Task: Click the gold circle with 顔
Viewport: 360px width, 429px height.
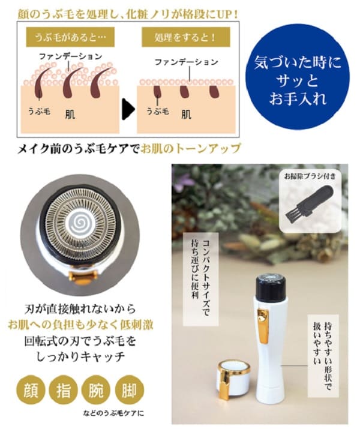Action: point(31,389)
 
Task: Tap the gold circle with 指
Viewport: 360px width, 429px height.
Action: point(64,389)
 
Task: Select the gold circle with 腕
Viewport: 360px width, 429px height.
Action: point(96,389)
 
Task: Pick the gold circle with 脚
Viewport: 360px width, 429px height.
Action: point(130,389)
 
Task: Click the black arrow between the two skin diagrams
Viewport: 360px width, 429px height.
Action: point(128,109)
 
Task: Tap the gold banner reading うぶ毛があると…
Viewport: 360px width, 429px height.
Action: point(70,37)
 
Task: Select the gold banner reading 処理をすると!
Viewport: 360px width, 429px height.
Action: point(186,37)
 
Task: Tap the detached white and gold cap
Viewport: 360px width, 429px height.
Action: point(233,378)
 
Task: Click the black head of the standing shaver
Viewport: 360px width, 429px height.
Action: point(271,287)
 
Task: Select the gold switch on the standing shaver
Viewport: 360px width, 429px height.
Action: point(263,325)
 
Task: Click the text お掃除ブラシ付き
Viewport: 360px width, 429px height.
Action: point(310,176)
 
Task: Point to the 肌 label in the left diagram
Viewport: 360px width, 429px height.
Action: point(70,114)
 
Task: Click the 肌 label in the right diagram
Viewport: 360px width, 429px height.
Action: point(186,114)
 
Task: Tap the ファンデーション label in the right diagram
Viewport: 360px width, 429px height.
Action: point(186,62)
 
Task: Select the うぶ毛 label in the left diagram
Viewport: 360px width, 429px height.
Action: point(39,112)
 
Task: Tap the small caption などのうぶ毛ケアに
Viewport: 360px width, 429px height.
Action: point(113,413)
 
